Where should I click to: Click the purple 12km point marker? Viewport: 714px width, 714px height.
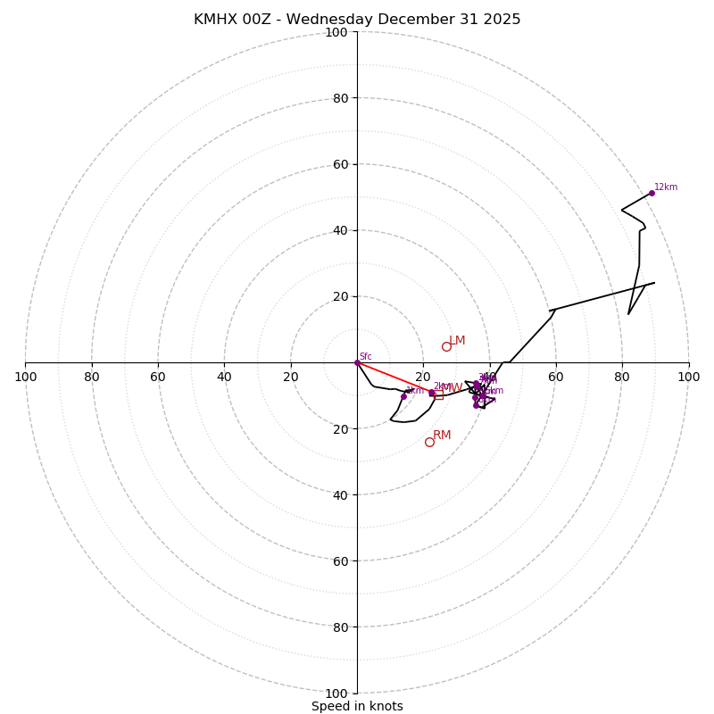tap(652, 193)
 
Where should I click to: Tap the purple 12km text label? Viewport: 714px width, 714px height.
tap(666, 187)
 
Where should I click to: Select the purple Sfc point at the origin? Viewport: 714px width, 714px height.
tap(357, 362)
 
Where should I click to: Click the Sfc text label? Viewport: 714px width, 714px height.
tap(365, 357)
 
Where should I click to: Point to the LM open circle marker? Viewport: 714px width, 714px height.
tap(446, 346)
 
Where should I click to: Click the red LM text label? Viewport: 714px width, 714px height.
tap(457, 341)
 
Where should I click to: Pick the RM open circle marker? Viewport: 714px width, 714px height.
tap(429, 442)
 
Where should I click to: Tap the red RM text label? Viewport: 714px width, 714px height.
tap(442, 436)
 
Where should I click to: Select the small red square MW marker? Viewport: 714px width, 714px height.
tap(438, 394)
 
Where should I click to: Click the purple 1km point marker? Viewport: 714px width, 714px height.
tap(403, 396)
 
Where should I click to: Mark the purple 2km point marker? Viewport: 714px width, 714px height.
tap(431, 393)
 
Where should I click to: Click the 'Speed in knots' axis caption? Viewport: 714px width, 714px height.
tap(357, 706)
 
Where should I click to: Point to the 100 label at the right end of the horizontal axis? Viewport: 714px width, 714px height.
tap(688, 377)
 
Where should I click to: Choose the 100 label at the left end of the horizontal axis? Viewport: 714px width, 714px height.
tap(26, 377)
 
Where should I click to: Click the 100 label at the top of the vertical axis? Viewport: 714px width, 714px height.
tap(336, 33)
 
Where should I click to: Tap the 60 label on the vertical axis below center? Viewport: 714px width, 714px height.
tap(340, 560)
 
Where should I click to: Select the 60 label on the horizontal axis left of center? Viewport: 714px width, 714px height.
tap(158, 377)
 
